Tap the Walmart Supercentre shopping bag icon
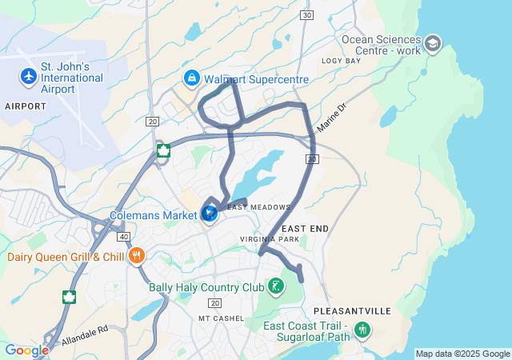point(191,78)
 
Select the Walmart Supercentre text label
point(256,79)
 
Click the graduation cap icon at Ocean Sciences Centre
point(434,43)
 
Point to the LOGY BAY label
point(342,61)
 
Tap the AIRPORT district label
point(26,106)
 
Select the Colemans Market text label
point(153,215)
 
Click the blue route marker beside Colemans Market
point(210,214)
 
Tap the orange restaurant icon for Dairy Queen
point(137,256)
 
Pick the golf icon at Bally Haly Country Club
point(275,286)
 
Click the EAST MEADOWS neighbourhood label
point(259,208)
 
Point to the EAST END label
point(305,229)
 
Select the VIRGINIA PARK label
point(270,239)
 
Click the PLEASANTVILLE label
point(352,310)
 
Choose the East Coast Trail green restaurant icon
point(362,328)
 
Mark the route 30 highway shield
point(312,159)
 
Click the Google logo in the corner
point(26,350)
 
